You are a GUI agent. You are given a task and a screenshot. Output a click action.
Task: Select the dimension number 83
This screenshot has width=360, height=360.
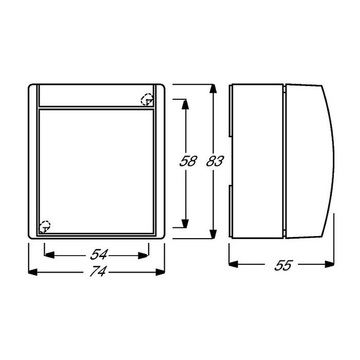pyautogui.click(x=213, y=161)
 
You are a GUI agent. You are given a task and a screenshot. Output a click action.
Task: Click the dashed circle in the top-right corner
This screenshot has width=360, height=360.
pyautogui.click(x=147, y=100)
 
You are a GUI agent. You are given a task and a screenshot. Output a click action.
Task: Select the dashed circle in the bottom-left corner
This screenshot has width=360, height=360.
pyautogui.click(x=45, y=226)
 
